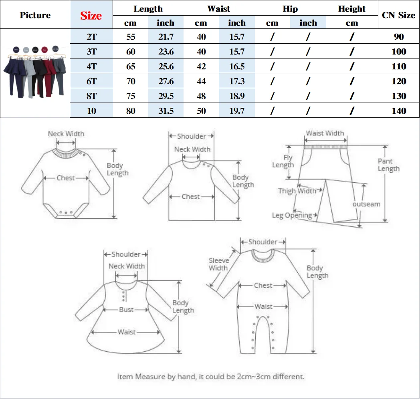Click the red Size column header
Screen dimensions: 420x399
pyautogui.click(x=91, y=16)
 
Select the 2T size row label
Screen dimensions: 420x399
pyautogui.click(x=91, y=37)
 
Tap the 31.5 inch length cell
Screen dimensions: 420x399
pyautogui.click(x=166, y=111)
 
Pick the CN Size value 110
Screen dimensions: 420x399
pyautogui.click(x=399, y=66)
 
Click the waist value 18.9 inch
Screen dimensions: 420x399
pyautogui.click(x=236, y=96)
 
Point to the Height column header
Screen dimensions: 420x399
pyautogui.click(x=351, y=9)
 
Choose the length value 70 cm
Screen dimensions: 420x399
pyautogui.click(x=131, y=81)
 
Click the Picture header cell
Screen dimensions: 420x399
pyautogui.click(x=35, y=15)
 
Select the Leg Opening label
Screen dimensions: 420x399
pyautogui.click(x=292, y=216)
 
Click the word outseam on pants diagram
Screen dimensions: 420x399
pyautogui.click(x=366, y=204)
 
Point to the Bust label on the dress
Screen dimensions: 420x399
pyautogui.click(x=127, y=310)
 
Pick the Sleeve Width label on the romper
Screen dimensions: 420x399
pyautogui.click(x=219, y=264)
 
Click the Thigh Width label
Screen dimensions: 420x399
pyautogui.click(x=297, y=191)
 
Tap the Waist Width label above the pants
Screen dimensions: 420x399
pyautogui.click(x=325, y=133)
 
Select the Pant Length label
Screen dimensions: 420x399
pyautogui.click(x=388, y=165)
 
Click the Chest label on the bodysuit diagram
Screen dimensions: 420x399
pyautogui.click(x=66, y=178)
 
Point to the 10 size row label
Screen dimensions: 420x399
pyautogui.click(x=91, y=111)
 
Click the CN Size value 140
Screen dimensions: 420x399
pyautogui.click(x=399, y=111)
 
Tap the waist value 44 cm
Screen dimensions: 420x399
pyautogui.click(x=201, y=81)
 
